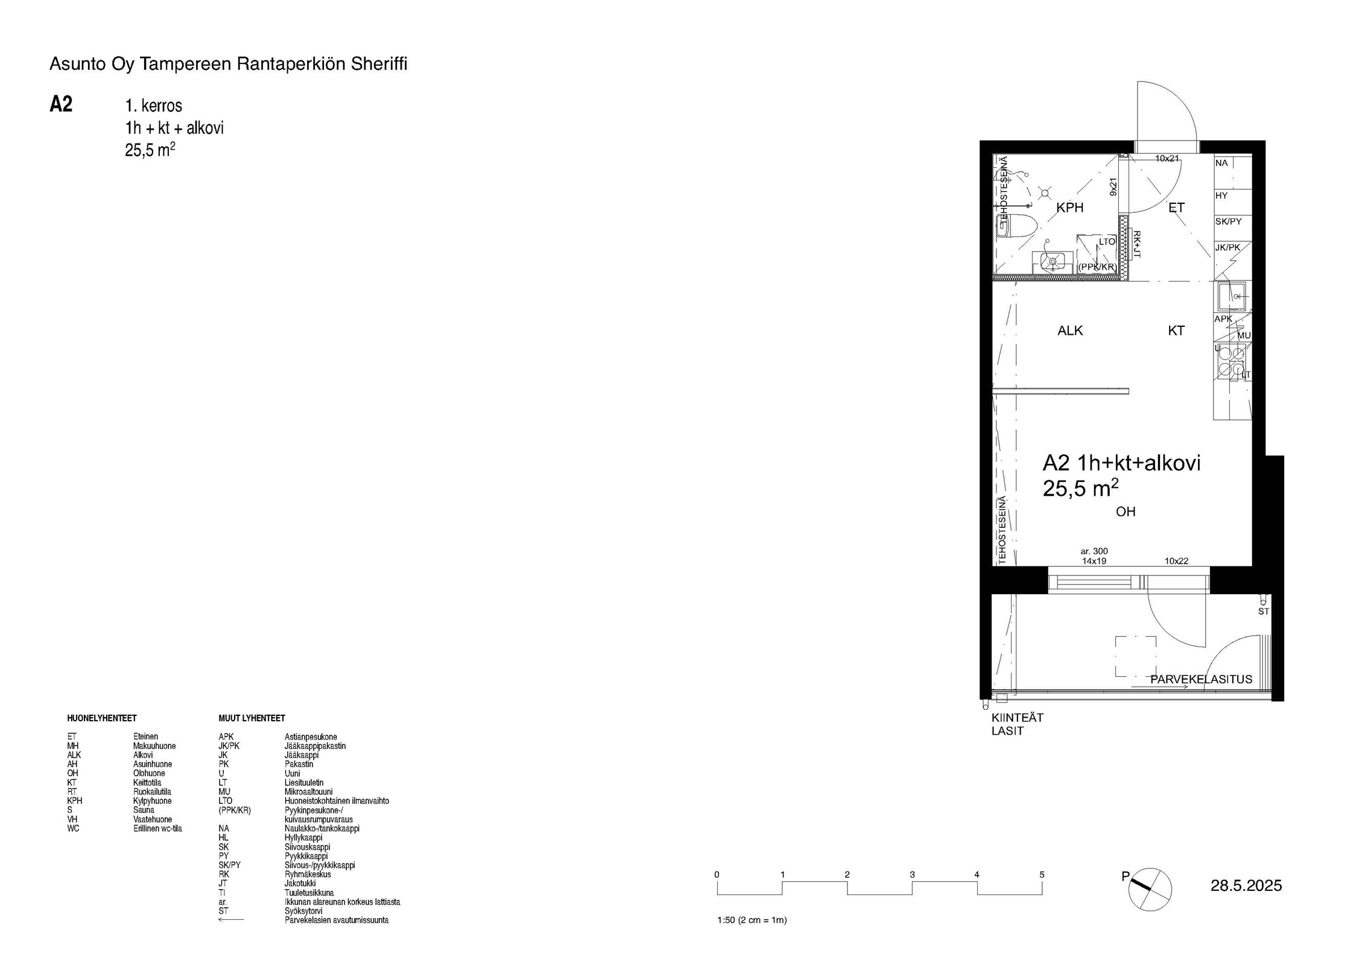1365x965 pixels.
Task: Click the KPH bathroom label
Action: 1070,207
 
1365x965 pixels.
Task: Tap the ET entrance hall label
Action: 1176,207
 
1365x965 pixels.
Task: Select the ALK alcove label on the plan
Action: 1070,331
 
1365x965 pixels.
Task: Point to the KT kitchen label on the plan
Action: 1176,331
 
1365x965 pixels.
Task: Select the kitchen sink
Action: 1230,296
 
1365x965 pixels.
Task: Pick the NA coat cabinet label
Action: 1221,163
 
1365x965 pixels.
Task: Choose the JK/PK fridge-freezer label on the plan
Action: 1227,247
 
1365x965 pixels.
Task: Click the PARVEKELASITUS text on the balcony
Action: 1202,679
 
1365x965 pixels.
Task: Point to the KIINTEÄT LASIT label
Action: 1018,724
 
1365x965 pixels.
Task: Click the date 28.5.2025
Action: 1246,885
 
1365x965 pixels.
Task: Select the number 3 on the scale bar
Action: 912,875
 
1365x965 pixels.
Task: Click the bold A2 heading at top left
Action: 61,104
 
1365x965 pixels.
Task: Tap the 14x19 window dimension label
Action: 1094,561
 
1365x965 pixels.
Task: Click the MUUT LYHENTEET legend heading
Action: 252,718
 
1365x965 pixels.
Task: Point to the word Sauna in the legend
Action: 144,810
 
